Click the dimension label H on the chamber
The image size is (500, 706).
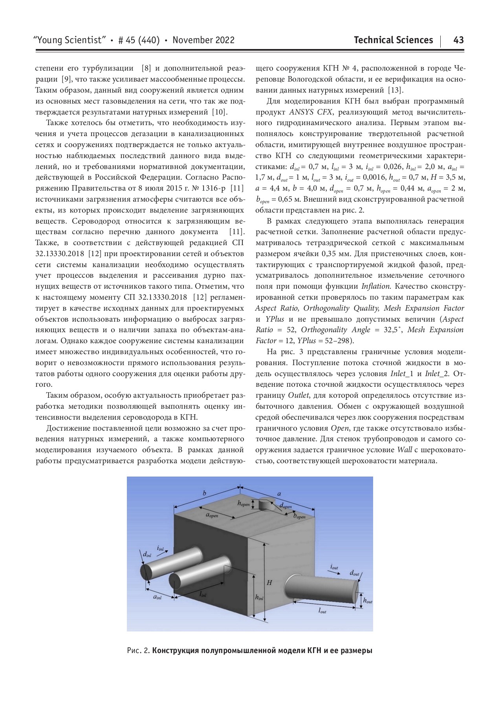(x=269, y=583)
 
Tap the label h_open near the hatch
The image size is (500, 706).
(x=244, y=504)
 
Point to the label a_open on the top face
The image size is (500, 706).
(x=212, y=515)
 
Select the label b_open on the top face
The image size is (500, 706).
(x=299, y=517)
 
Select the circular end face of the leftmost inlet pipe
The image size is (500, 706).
(x=146, y=573)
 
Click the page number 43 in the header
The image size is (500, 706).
(x=458, y=40)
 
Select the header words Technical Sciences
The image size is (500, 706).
(x=393, y=40)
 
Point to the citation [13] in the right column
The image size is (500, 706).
(x=395, y=90)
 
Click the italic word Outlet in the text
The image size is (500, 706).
(x=299, y=395)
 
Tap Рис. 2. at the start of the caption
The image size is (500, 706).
(x=138, y=651)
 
